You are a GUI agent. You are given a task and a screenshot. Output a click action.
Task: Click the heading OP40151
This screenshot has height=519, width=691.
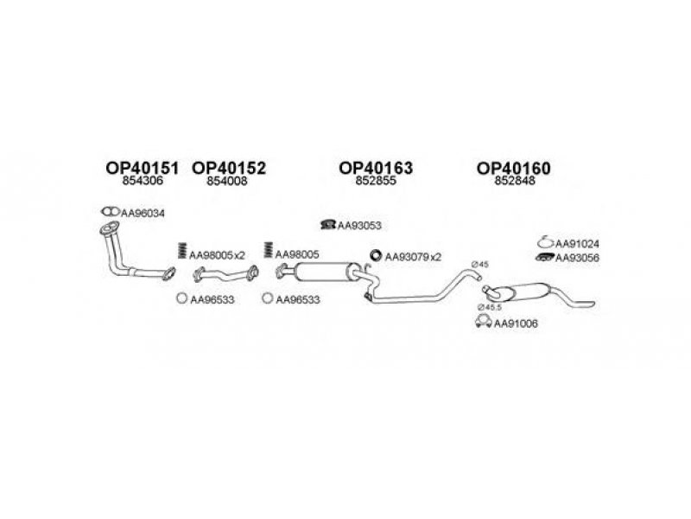[143, 168]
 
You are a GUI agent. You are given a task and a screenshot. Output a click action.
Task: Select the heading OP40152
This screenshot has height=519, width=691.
[229, 168]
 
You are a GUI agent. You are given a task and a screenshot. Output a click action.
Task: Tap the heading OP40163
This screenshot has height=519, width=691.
[376, 168]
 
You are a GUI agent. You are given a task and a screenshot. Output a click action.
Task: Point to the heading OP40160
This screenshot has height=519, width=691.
[514, 168]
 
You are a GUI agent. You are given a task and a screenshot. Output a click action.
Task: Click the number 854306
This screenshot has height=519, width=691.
[143, 181]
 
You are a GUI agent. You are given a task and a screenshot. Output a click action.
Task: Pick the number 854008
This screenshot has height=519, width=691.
[227, 181]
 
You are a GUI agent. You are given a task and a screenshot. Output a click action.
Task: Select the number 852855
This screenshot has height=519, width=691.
[376, 181]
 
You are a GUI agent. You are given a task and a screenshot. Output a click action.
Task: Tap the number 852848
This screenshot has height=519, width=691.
[515, 181]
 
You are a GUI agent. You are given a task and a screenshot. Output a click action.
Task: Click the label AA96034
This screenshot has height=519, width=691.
[143, 213]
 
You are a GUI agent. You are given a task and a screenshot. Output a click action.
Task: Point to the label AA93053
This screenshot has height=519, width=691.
[359, 226]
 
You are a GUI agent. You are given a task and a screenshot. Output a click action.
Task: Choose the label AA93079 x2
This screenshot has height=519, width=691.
[413, 257]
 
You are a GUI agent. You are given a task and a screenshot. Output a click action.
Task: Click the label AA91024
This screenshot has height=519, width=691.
[577, 244]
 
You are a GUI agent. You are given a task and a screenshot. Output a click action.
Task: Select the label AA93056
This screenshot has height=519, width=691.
[577, 258]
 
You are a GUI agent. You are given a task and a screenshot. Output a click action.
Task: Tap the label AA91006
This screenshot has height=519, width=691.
[516, 324]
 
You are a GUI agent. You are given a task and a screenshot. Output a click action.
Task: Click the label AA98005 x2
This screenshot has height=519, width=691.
[218, 255]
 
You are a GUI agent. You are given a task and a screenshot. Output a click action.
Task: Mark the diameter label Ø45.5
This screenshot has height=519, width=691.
[490, 307]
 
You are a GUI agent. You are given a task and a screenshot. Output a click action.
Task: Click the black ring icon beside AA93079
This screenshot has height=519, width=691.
[376, 255]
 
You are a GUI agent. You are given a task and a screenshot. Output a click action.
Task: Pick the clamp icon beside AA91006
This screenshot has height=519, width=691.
[484, 322]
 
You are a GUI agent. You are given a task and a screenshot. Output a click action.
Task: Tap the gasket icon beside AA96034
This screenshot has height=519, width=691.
[111, 212]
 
